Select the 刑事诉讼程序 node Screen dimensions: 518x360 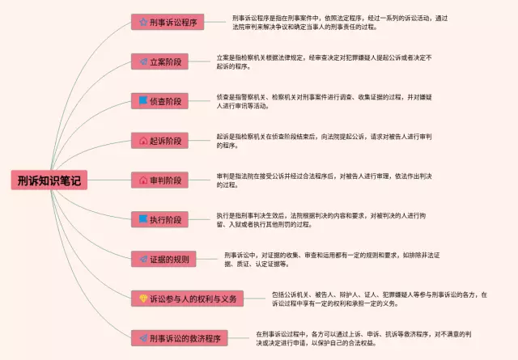pos(168,22)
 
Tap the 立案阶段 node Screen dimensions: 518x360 pos(160,61)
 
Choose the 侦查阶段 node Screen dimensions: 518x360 pos(160,101)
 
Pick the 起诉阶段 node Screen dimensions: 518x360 pos(160,141)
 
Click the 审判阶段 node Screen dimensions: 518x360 pos(160,180)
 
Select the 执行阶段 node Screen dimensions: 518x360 pos(160,219)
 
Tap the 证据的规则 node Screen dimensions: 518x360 pos(163,259)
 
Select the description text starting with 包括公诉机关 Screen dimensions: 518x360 pos(380,299)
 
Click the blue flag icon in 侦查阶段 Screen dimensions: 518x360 pos(142,101)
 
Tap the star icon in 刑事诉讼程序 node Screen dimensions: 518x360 pos(142,22)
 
